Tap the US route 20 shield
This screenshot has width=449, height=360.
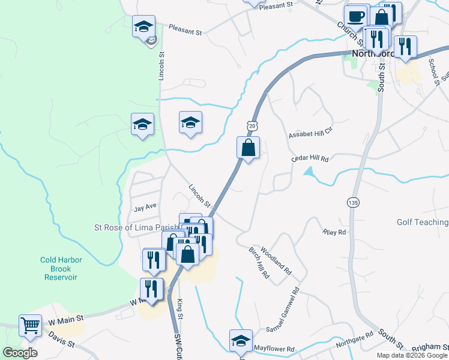pos(251,124)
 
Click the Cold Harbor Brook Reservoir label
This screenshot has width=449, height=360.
pos(61,269)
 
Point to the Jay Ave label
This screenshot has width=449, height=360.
pos(145,206)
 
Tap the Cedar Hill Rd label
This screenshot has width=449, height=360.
pos(310,158)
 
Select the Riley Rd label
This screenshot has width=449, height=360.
pos(334,232)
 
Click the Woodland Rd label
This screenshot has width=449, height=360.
pos(276,263)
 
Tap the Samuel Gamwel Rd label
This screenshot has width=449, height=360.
pos(283,311)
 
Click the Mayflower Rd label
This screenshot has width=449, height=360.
pos(274,348)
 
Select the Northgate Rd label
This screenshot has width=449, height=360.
pos(354,338)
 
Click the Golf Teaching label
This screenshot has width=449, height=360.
pos(423,222)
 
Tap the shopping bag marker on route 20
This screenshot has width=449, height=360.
pos(249,148)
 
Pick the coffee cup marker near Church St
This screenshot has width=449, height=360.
pos(355,16)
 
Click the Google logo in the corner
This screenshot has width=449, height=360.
pos(20,353)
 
